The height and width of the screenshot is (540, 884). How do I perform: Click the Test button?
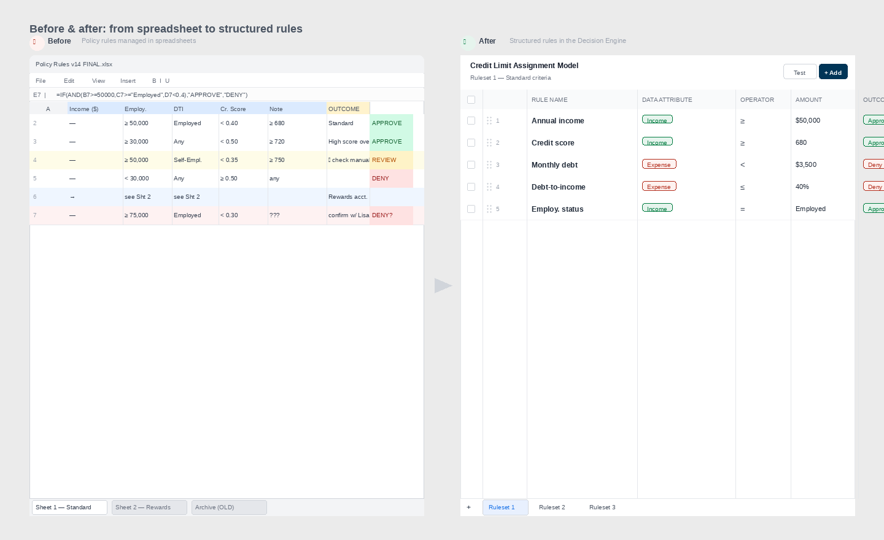[x=799, y=72]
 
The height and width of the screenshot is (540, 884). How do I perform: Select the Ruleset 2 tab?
[x=552, y=507]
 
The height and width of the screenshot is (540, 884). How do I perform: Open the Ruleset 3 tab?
[x=602, y=507]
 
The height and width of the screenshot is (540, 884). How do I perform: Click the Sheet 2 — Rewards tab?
[x=149, y=507]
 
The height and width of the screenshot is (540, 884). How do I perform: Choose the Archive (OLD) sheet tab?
[x=229, y=507]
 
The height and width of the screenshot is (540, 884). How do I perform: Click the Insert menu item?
[x=128, y=81]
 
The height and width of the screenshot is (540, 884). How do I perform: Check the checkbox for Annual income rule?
[x=471, y=121]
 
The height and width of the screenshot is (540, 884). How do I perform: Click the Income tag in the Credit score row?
[x=657, y=142]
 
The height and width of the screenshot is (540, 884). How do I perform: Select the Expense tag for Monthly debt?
[x=659, y=164]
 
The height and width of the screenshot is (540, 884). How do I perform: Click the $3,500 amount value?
[x=806, y=164]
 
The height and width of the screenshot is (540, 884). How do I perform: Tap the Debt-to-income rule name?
[x=559, y=187]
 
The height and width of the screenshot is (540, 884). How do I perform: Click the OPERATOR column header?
[x=757, y=100]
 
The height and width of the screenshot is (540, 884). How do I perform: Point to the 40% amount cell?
[x=802, y=187]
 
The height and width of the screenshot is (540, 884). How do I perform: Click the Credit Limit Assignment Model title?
[x=524, y=66]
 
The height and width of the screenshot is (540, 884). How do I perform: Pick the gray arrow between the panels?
[x=443, y=285]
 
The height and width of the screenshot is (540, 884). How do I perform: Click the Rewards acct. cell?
[x=347, y=197]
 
